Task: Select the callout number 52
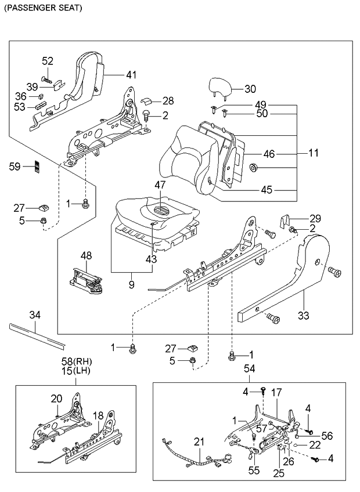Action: [47, 61]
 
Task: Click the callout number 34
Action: [35, 315]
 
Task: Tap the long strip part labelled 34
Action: [34, 335]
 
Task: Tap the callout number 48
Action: [86, 255]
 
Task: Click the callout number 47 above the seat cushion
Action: [160, 185]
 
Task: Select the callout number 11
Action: [314, 154]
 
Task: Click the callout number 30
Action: [249, 89]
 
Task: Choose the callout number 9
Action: [131, 284]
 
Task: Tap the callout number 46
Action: [269, 154]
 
